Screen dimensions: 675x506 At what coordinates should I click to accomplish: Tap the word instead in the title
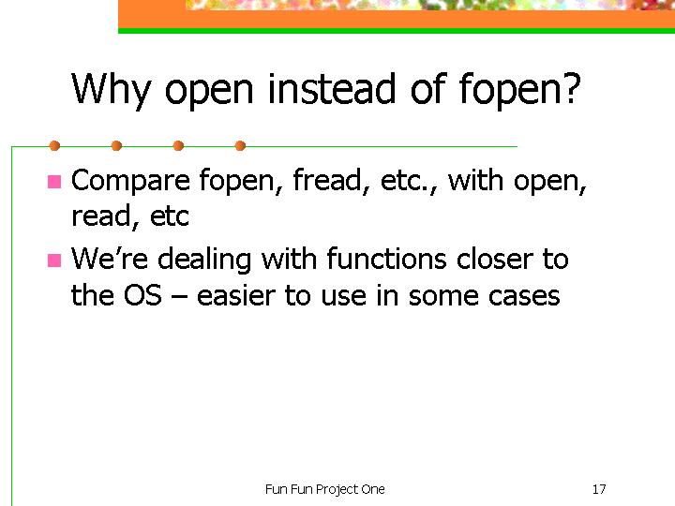pyautogui.click(x=331, y=89)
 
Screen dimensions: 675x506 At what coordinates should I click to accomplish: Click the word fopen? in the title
pyautogui.click(x=520, y=90)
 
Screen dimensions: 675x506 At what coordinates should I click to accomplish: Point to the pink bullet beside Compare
pyautogui.click(x=54, y=182)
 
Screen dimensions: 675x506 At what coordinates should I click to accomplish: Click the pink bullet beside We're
pyautogui.click(x=54, y=260)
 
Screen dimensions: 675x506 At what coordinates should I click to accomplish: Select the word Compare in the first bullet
pyautogui.click(x=130, y=182)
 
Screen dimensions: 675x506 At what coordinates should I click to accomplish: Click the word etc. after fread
pyautogui.click(x=409, y=181)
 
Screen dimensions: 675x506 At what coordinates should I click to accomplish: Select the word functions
pyautogui.click(x=386, y=259)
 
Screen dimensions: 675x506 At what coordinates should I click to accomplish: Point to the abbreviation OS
pyautogui.click(x=142, y=295)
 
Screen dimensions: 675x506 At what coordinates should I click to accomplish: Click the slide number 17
pyautogui.click(x=599, y=489)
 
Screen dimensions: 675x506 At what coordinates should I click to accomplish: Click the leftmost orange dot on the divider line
pyautogui.click(x=54, y=146)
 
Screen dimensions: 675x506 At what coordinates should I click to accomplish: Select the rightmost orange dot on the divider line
pyautogui.click(x=241, y=146)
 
